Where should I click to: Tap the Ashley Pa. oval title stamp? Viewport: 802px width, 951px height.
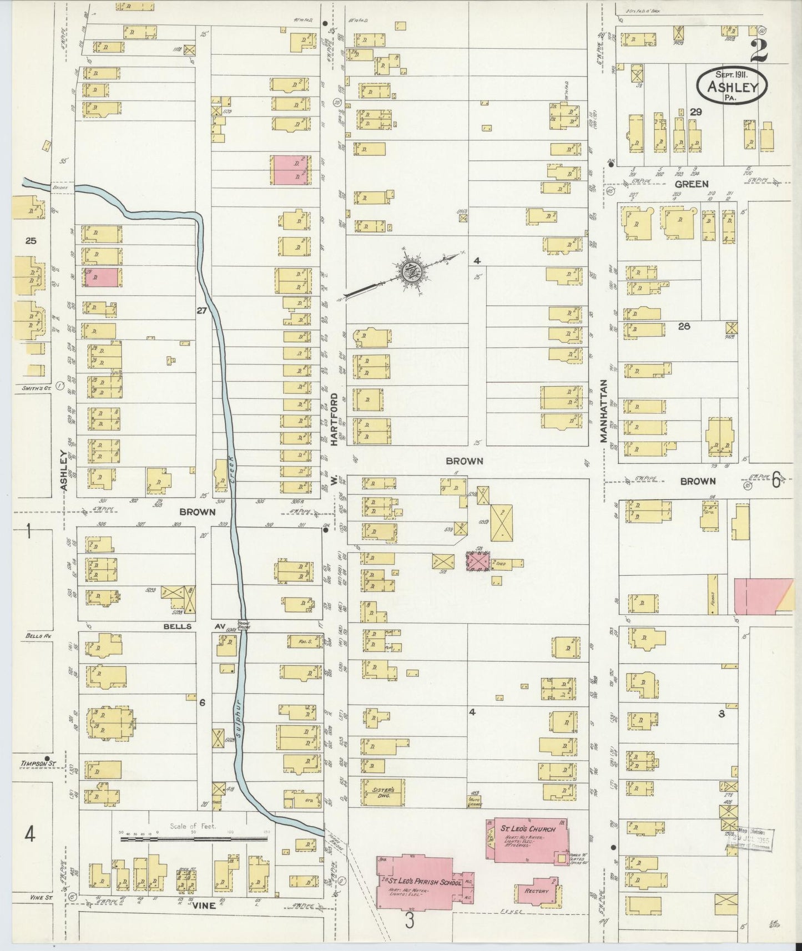[x=732, y=85]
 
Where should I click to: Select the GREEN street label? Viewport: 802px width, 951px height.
[x=692, y=184]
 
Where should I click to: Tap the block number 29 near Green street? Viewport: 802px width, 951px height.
[x=695, y=112]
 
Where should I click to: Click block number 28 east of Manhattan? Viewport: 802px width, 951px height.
[x=684, y=326]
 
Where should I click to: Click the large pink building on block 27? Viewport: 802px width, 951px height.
[x=287, y=170]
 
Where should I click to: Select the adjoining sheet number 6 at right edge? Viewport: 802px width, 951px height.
[x=776, y=479]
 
